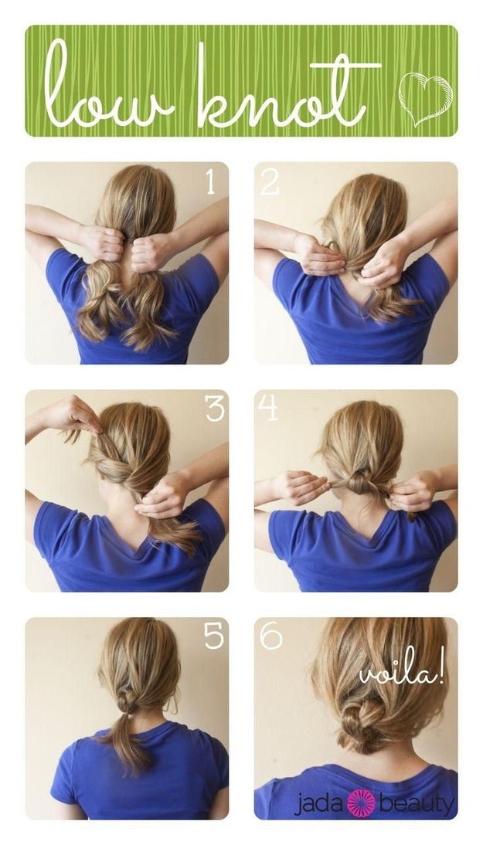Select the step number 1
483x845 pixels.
pyautogui.click(x=210, y=182)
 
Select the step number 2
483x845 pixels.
pyautogui.click(x=270, y=182)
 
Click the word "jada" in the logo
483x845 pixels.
pyautogui.click(x=319, y=804)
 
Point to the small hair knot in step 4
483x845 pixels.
pyautogui.click(x=357, y=484)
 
